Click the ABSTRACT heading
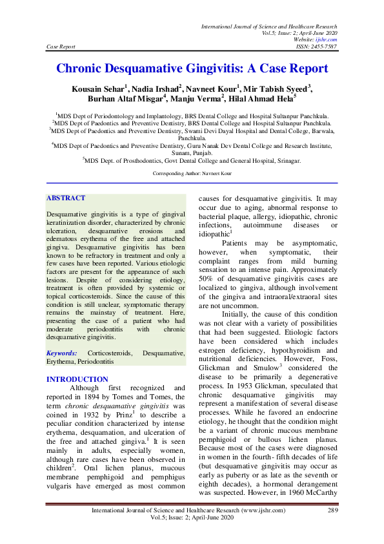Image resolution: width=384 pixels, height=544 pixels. pyautogui.click(x=66, y=198)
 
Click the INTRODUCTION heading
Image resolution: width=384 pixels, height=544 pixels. pyautogui.click(x=77, y=379)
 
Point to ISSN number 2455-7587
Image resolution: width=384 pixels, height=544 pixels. pyautogui.click(x=324, y=47)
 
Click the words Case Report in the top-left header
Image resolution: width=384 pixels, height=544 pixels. pyautogui.click(x=61, y=47)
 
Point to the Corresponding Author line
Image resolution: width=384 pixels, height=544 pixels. pyautogui.click(x=192, y=174)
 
